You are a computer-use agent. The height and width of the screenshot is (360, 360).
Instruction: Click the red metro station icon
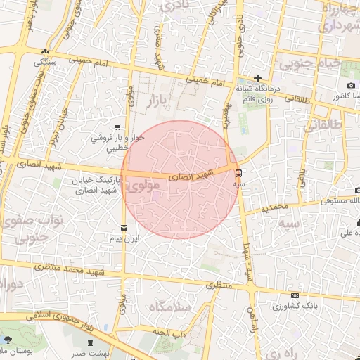238,172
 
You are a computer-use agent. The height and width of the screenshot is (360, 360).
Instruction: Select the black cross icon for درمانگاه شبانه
258,78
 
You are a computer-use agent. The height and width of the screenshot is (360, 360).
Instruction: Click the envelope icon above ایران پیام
124,227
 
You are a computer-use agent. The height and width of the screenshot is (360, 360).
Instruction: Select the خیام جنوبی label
310,64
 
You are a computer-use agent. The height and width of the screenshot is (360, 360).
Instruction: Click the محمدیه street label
275,208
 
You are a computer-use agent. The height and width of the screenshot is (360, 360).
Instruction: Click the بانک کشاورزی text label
296,307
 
